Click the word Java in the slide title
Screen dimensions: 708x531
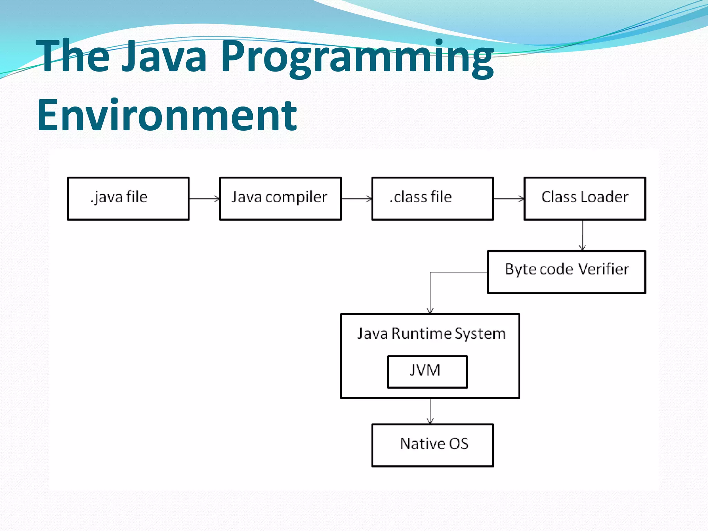(x=164, y=56)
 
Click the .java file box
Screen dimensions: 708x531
(x=128, y=198)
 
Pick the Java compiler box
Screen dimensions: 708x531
(x=280, y=198)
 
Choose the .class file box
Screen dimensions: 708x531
(x=432, y=198)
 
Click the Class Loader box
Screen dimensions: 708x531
(x=585, y=198)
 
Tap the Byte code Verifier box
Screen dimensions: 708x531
(x=566, y=272)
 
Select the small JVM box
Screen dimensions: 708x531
(x=427, y=372)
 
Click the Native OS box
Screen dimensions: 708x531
(x=432, y=445)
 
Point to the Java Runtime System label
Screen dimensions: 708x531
(x=431, y=334)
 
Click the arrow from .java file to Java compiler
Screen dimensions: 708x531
(x=204, y=199)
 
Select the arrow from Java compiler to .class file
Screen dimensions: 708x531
(x=356, y=199)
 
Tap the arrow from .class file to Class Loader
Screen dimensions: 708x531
(x=509, y=199)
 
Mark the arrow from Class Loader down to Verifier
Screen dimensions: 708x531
(x=583, y=235)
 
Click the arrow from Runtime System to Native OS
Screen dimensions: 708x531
(x=430, y=411)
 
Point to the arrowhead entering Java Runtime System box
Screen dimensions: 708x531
(x=430, y=311)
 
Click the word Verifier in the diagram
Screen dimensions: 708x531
(x=603, y=269)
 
